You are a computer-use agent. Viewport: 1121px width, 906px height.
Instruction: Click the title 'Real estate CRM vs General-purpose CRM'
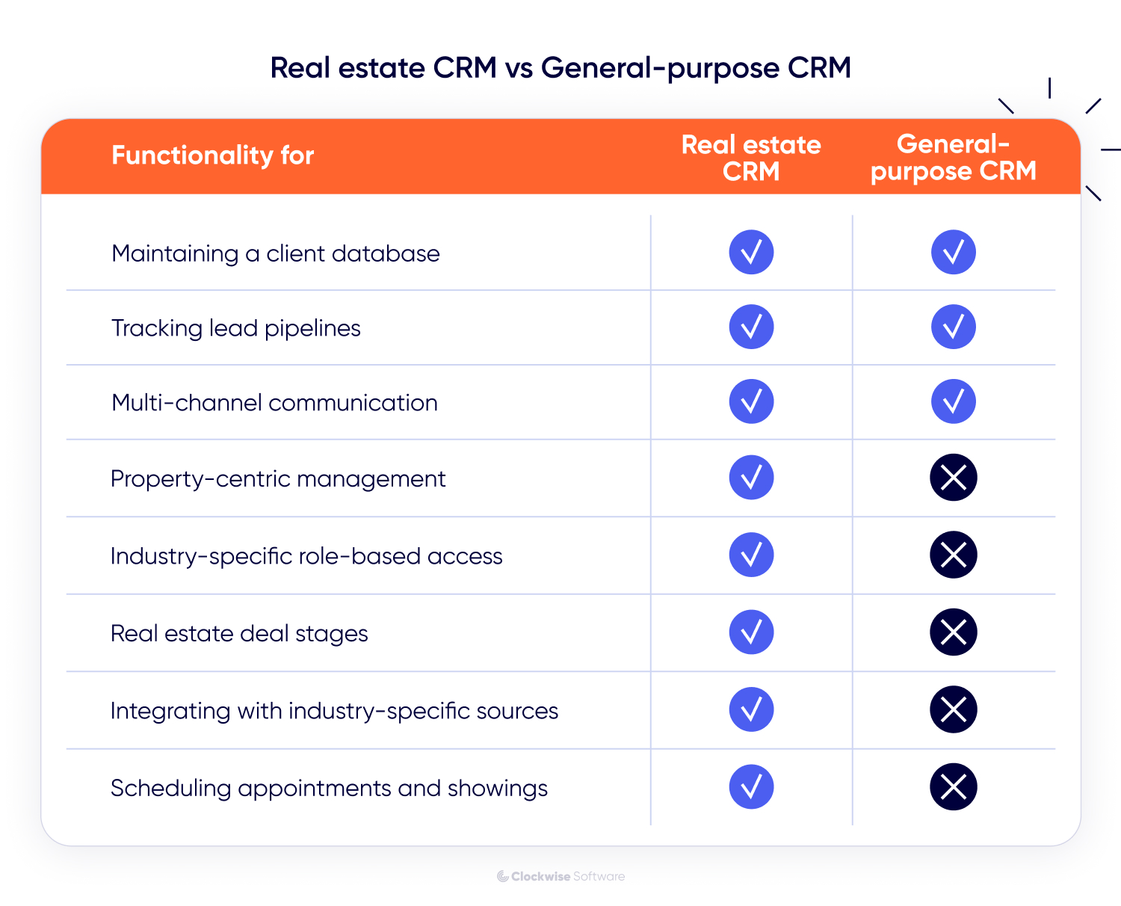(560, 68)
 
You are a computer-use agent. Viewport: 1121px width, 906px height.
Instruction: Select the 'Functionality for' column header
(212, 155)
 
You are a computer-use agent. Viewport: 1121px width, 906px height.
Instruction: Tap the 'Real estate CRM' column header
(751, 158)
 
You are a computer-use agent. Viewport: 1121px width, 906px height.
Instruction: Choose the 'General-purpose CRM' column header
(953, 158)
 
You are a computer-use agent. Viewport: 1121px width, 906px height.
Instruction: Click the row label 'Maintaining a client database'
(275, 253)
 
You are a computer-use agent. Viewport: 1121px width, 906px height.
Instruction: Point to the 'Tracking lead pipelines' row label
(235, 328)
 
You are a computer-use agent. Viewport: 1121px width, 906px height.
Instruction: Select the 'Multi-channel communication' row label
(274, 403)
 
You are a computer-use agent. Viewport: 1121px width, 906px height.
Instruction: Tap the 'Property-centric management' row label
(277, 478)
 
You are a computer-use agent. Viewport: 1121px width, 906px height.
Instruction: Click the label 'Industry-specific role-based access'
(306, 556)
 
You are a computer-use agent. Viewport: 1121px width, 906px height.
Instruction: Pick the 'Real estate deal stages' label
(239, 634)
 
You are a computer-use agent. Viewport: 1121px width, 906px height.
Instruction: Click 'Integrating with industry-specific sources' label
(334, 711)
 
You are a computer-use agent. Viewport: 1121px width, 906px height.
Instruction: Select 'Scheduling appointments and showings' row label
(329, 788)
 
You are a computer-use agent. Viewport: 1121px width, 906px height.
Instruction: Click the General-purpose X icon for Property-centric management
(953, 478)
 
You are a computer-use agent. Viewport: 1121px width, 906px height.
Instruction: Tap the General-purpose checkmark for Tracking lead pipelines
(953, 327)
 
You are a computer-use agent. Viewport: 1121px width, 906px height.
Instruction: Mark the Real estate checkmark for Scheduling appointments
(751, 786)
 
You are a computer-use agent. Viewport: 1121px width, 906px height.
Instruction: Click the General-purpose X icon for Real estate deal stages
(953, 632)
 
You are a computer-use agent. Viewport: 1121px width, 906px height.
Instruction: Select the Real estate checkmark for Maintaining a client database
(751, 252)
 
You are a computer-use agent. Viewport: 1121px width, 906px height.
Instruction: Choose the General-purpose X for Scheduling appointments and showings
(953, 786)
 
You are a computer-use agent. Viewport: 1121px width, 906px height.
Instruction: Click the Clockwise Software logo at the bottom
(560, 876)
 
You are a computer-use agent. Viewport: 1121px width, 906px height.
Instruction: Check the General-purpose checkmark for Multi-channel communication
(953, 401)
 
